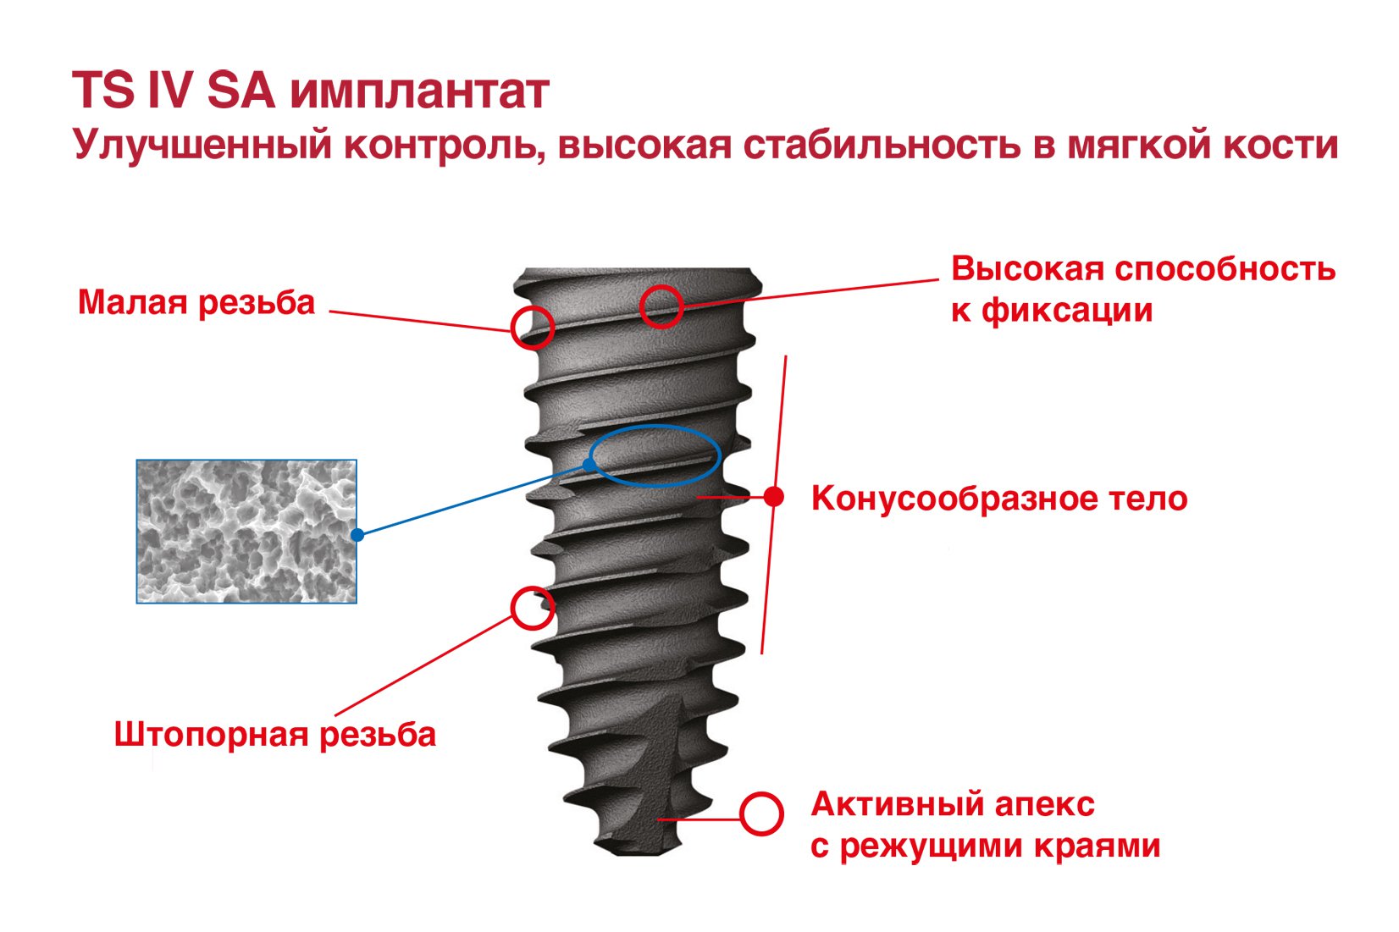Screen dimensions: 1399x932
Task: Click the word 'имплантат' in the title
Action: [420, 92]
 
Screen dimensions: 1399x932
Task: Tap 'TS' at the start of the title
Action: [103, 90]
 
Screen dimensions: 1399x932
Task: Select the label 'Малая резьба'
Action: [196, 303]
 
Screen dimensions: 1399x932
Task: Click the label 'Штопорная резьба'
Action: [274, 735]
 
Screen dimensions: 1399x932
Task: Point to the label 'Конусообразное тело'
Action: [999, 499]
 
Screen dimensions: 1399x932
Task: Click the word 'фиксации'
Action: [1067, 311]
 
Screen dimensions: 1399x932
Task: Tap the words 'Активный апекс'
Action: [953, 804]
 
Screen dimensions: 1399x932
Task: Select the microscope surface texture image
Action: [246, 532]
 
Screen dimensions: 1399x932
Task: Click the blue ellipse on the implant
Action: [655, 427]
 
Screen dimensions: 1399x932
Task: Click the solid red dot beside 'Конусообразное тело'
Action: [774, 497]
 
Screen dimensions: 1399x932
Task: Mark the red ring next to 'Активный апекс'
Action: [741, 814]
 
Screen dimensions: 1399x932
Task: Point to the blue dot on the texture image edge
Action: [357, 535]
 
